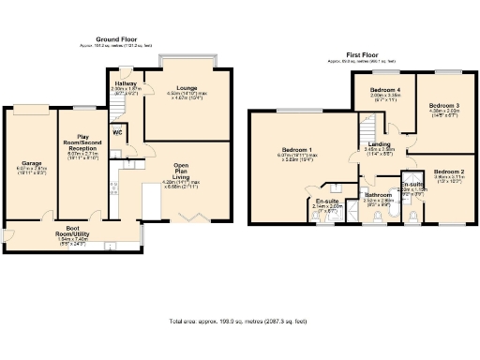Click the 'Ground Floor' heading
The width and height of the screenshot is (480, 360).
104,39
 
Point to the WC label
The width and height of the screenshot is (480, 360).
118,132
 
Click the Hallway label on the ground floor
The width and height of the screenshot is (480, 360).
126,83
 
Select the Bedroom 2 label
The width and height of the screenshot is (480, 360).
449,172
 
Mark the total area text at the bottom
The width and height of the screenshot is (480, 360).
239,321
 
